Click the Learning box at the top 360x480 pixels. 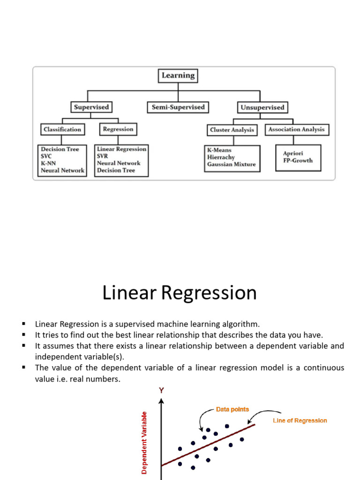tap(178, 75)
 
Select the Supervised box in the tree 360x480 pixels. tap(91, 107)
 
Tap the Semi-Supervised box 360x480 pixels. tap(178, 107)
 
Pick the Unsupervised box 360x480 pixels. tap(262, 107)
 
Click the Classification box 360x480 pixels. tap(62, 129)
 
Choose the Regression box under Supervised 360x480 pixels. tap(118, 129)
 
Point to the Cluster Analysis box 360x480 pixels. tap(232, 130)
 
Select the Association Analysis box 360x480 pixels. tap(297, 129)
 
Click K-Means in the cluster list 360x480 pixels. tap(219, 150)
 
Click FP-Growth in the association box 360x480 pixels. tap(298, 160)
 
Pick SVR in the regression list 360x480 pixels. tap(102, 156)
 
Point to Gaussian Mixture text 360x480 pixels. tap(232, 165)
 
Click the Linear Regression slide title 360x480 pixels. tap(180, 293)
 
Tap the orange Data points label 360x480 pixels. tap(232, 409)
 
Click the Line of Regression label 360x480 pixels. tap(300, 420)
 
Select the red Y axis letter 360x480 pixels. tap(161, 390)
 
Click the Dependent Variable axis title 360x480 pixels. tap(145, 442)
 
